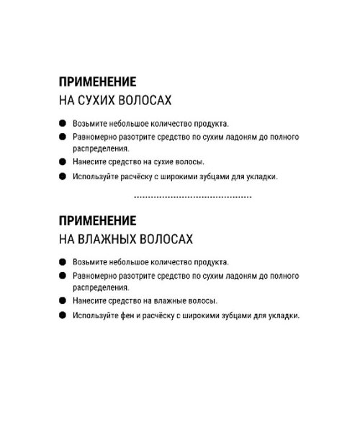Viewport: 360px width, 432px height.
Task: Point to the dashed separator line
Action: [x=193, y=197]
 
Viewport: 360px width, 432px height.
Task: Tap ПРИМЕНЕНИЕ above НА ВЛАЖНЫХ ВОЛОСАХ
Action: [x=97, y=220]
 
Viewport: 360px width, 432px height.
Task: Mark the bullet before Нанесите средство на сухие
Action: [x=63, y=161]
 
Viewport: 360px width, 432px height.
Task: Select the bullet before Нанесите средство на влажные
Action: [x=63, y=300]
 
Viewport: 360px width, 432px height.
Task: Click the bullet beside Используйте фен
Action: [x=63, y=315]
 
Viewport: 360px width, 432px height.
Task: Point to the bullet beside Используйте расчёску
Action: [x=63, y=176]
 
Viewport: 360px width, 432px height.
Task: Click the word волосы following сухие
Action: [x=189, y=161]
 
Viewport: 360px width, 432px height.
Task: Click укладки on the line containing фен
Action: [x=282, y=315]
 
